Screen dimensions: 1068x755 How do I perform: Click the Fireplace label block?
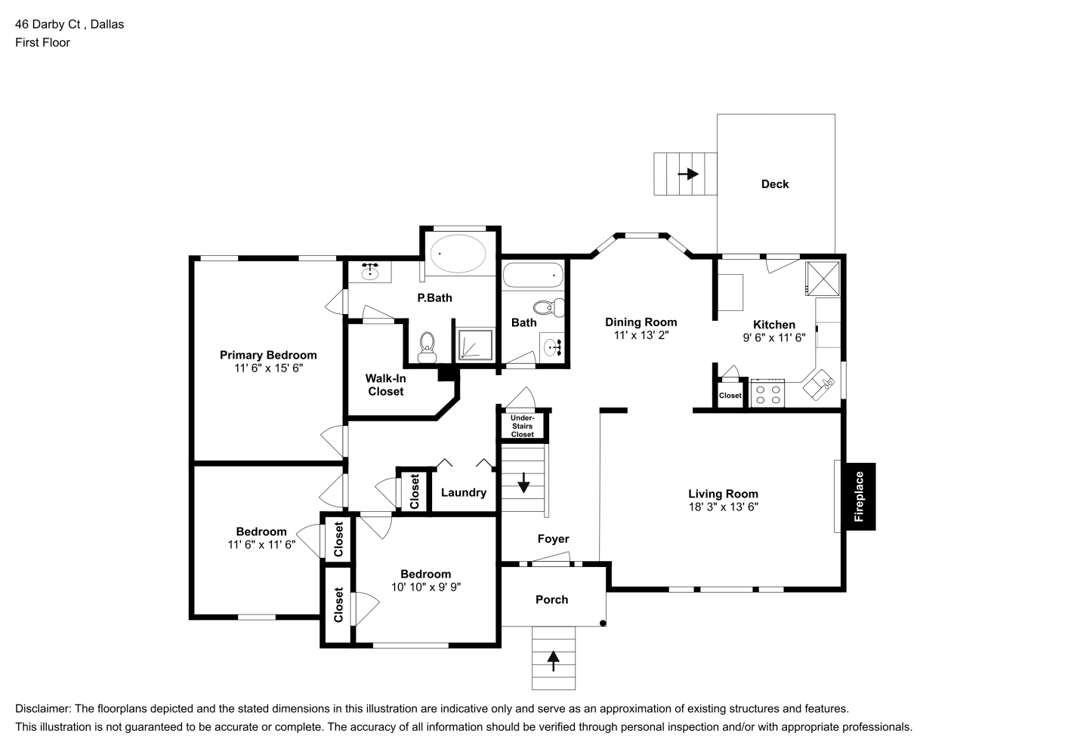pyautogui.click(x=860, y=496)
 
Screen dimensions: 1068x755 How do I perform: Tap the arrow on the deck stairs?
pyautogui.click(x=688, y=174)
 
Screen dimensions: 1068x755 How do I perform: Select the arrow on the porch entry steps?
pyautogui.click(x=553, y=661)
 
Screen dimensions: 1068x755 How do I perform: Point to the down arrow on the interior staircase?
pyautogui.click(x=523, y=482)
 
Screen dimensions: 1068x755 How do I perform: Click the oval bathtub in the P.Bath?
pyautogui.click(x=458, y=254)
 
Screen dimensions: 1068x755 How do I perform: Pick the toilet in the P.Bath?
pyautogui.click(x=428, y=347)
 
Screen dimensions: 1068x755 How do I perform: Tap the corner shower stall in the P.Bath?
pyautogui.click(x=475, y=344)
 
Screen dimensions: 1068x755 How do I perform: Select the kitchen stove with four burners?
pyautogui.click(x=767, y=393)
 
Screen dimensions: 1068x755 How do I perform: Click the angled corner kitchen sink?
pyautogui.click(x=819, y=384)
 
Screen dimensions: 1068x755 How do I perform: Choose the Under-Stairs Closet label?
pyautogui.click(x=523, y=426)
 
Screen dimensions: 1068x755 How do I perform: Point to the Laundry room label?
pyautogui.click(x=464, y=492)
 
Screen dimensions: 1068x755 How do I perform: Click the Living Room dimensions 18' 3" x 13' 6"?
pyautogui.click(x=724, y=507)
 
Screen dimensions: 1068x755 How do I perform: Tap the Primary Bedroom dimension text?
pyautogui.click(x=268, y=368)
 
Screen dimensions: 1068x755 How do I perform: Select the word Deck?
pyautogui.click(x=775, y=184)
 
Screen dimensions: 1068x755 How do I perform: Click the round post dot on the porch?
pyautogui.click(x=603, y=623)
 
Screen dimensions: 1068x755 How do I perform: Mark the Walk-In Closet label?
pyautogui.click(x=386, y=384)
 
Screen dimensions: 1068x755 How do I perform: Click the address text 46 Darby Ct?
pyautogui.click(x=48, y=24)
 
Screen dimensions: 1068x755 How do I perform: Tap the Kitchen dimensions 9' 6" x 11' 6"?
pyautogui.click(x=774, y=337)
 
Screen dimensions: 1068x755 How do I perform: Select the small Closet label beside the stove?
pyautogui.click(x=730, y=396)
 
